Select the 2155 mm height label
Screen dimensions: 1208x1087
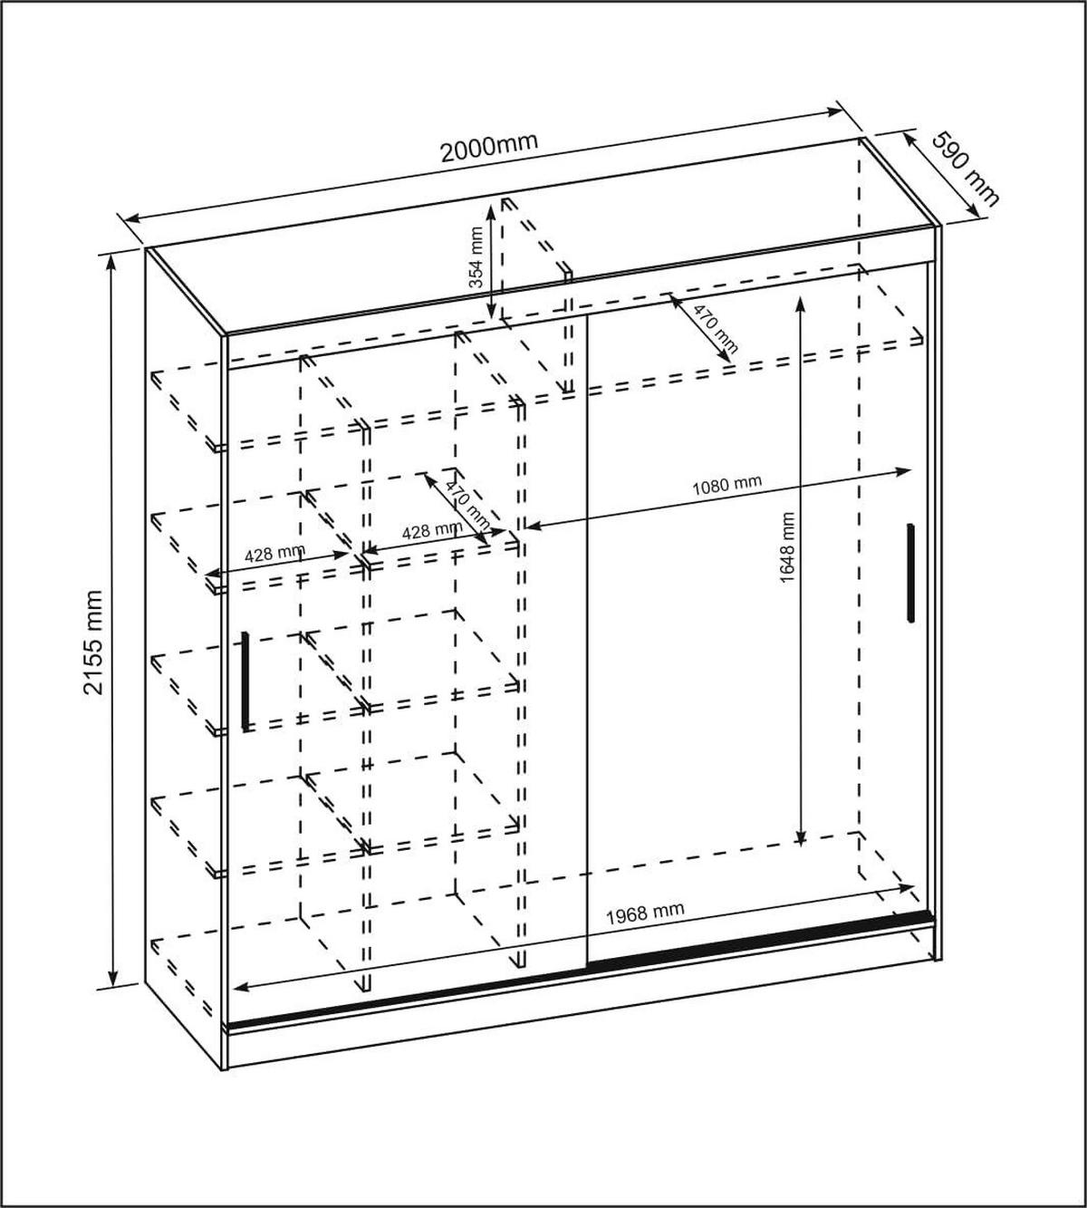92,641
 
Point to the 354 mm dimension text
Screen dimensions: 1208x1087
475,258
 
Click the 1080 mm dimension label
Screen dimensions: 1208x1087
726,483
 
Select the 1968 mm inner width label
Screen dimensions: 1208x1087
645,913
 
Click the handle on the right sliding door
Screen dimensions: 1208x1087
909,573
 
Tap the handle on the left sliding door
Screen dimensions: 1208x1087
245,681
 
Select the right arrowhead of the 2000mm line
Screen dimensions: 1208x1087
838,111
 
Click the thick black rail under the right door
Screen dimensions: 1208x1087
761,942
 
